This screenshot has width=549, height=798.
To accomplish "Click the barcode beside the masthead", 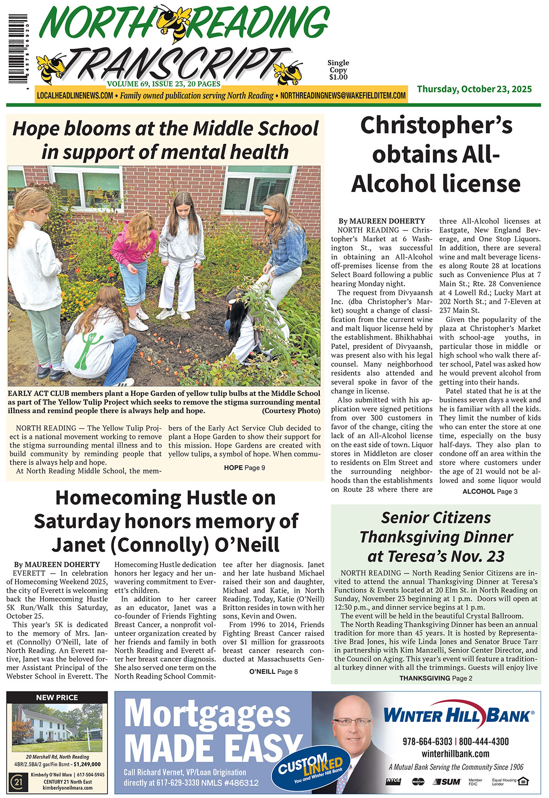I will [17, 50].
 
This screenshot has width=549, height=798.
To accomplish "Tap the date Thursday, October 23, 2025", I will [474, 89].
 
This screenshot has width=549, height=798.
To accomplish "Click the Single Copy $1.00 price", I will [338, 70].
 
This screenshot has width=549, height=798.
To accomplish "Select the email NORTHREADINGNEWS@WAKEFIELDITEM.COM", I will [343, 96].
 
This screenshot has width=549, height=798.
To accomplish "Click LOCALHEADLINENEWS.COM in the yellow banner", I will [75, 96].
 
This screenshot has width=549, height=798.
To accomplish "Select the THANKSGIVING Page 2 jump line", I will [436, 678].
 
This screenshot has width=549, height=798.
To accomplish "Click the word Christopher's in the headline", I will [436, 126].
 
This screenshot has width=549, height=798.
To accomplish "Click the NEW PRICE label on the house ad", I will [57, 698].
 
